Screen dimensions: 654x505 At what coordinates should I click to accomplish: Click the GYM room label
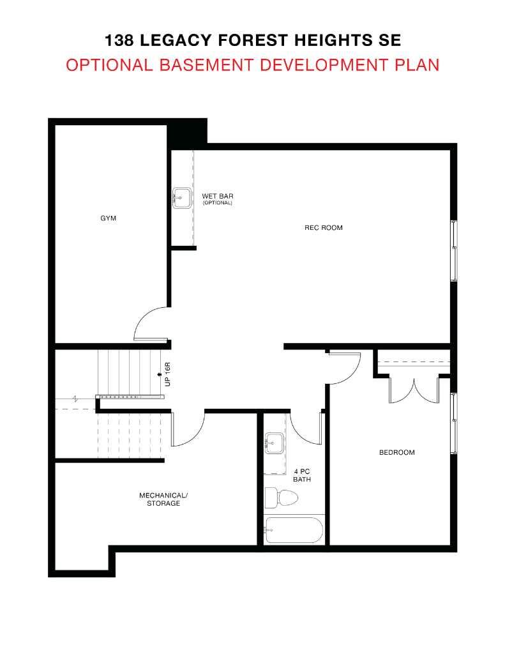(109, 218)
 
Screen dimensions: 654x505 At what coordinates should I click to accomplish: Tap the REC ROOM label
(323, 227)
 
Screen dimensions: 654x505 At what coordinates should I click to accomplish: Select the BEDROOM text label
(396, 452)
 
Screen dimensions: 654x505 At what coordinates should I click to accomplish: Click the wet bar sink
(180, 197)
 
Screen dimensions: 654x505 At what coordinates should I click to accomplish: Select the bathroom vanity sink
(275, 441)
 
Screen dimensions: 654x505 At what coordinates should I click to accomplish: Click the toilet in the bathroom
(282, 498)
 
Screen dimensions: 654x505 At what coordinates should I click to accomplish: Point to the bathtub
(294, 529)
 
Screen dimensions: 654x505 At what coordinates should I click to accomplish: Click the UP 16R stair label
(167, 374)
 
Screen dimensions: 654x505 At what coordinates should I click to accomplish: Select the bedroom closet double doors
(414, 390)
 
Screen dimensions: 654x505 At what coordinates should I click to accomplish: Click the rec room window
(454, 250)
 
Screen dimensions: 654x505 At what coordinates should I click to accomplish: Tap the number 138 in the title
(121, 41)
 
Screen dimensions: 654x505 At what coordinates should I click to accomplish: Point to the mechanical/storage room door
(188, 429)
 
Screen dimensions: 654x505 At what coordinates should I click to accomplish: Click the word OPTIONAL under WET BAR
(217, 203)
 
